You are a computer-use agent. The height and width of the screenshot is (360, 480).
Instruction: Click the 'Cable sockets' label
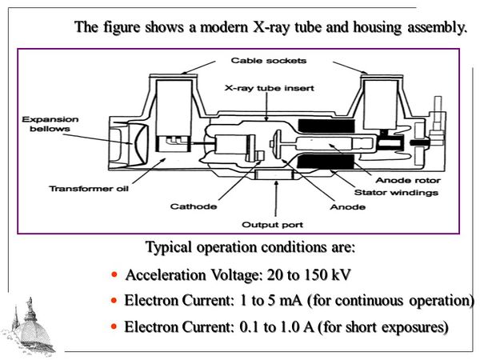click(257, 60)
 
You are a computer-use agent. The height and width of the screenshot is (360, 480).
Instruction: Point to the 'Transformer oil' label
click(83, 189)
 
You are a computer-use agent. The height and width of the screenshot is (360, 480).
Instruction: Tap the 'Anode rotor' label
click(409, 180)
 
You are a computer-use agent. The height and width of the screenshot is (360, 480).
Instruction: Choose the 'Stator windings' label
click(403, 192)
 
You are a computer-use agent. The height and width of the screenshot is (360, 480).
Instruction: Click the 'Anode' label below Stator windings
click(340, 206)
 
